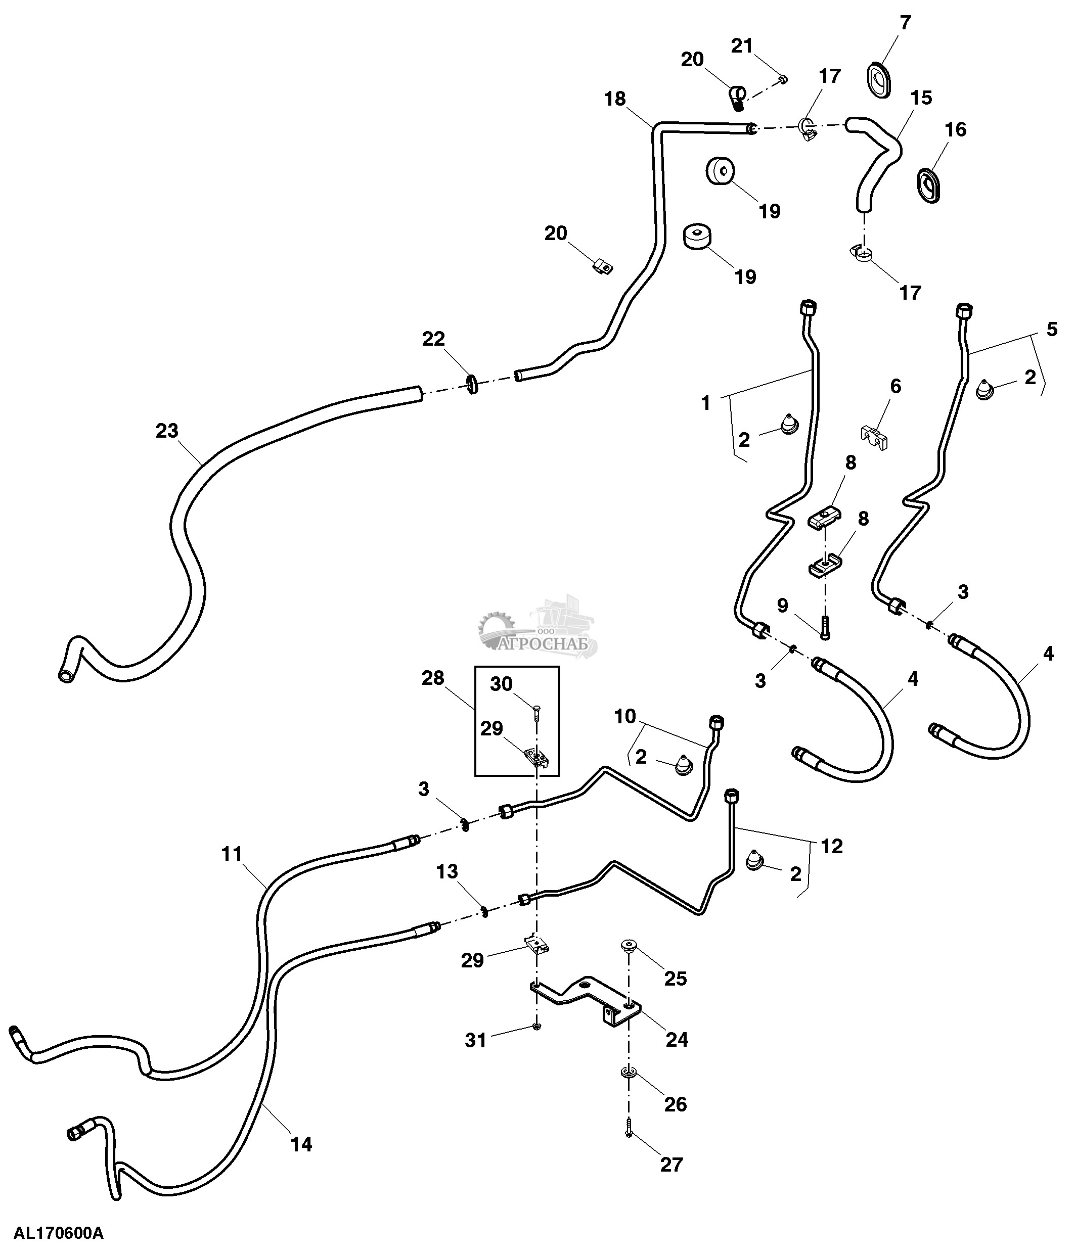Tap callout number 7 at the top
[x=905, y=23]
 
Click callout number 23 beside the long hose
[x=167, y=431]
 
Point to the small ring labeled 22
[x=472, y=384]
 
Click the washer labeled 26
[x=629, y=1071]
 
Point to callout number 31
[x=476, y=1040]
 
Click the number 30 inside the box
[x=501, y=684]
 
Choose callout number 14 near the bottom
[x=301, y=1144]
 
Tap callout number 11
[x=231, y=855]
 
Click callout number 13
[x=447, y=871]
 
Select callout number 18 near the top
[x=615, y=99]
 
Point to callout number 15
[x=921, y=98]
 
